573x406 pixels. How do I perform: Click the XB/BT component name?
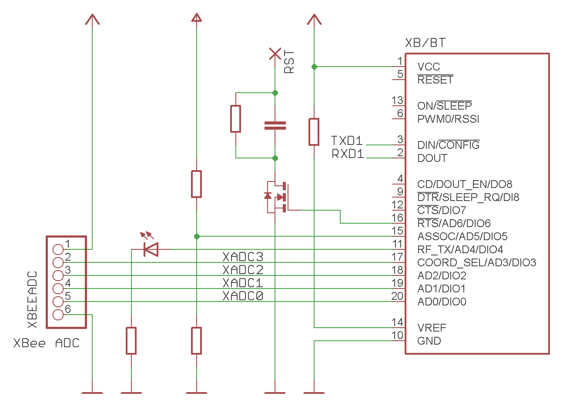pos(425,43)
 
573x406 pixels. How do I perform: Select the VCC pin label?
pos(429,67)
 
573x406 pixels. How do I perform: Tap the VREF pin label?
pos(432,328)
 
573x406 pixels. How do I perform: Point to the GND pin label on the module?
pos(429,341)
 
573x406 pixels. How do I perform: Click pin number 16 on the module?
pos(397,218)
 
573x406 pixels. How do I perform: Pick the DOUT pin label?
pos(432,158)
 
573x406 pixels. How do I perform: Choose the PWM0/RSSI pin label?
pos(448,119)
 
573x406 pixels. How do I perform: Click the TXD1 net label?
pos(347,141)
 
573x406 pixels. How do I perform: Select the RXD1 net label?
pos(348,154)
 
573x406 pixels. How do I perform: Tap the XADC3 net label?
pos(243,257)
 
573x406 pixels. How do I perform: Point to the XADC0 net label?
pos(243,296)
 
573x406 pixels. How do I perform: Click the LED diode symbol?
pos(151,249)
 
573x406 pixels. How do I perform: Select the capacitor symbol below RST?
pos(275,125)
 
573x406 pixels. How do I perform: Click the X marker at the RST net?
pos(275,54)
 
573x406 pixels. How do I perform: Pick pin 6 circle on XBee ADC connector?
pos(58,315)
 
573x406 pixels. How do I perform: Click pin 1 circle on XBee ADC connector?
pos(58,249)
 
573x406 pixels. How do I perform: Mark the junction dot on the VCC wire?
pos(314,67)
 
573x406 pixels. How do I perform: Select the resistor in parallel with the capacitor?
pos(235,119)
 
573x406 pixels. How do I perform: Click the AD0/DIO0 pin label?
pos(442,302)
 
